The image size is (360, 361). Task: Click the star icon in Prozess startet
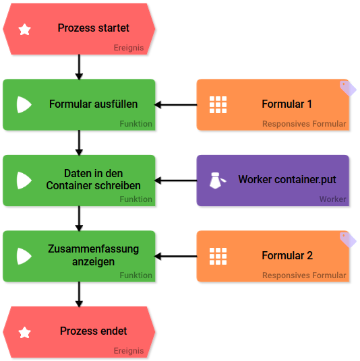(x=25, y=29)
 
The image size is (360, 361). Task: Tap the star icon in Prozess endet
(x=25, y=332)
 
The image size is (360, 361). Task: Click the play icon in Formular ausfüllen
(x=24, y=105)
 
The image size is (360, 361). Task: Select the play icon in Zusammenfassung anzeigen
(x=24, y=256)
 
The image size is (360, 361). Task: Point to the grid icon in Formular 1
(x=218, y=105)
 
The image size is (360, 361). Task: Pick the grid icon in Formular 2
(x=218, y=256)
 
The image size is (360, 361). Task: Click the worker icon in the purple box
(x=217, y=180)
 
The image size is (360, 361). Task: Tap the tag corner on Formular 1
(x=348, y=88)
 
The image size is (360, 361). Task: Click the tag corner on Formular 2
(x=348, y=240)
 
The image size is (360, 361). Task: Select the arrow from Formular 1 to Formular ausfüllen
(x=176, y=105)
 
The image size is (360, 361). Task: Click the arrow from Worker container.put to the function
(x=176, y=180)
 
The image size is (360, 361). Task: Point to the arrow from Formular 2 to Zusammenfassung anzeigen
(x=176, y=256)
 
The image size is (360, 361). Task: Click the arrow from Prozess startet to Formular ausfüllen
(x=79, y=67)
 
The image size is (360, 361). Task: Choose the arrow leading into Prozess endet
(x=79, y=294)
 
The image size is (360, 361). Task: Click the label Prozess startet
(x=93, y=28)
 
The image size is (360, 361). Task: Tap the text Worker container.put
(x=287, y=179)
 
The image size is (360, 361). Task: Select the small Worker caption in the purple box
(x=332, y=199)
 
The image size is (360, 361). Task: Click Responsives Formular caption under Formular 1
(x=304, y=124)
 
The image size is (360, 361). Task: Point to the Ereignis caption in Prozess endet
(x=129, y=351)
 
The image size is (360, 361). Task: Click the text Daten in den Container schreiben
(x=93, y=179)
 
